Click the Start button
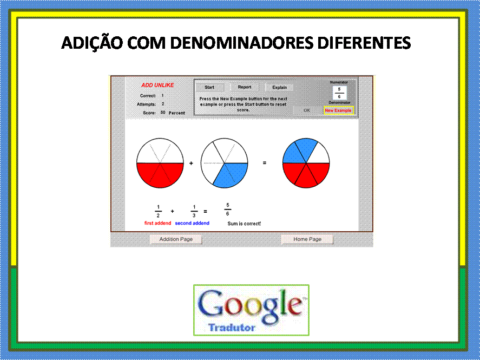209,87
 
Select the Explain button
279,87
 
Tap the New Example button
338,110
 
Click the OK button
307,110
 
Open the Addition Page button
176,239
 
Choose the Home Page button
307,239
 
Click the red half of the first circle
160,174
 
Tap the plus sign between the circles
191,163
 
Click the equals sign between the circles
265,163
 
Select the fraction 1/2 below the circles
158,211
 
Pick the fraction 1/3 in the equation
194,211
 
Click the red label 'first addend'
157,223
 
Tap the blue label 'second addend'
192,223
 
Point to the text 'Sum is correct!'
244,224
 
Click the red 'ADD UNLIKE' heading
157,85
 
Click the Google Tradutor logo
251,310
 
